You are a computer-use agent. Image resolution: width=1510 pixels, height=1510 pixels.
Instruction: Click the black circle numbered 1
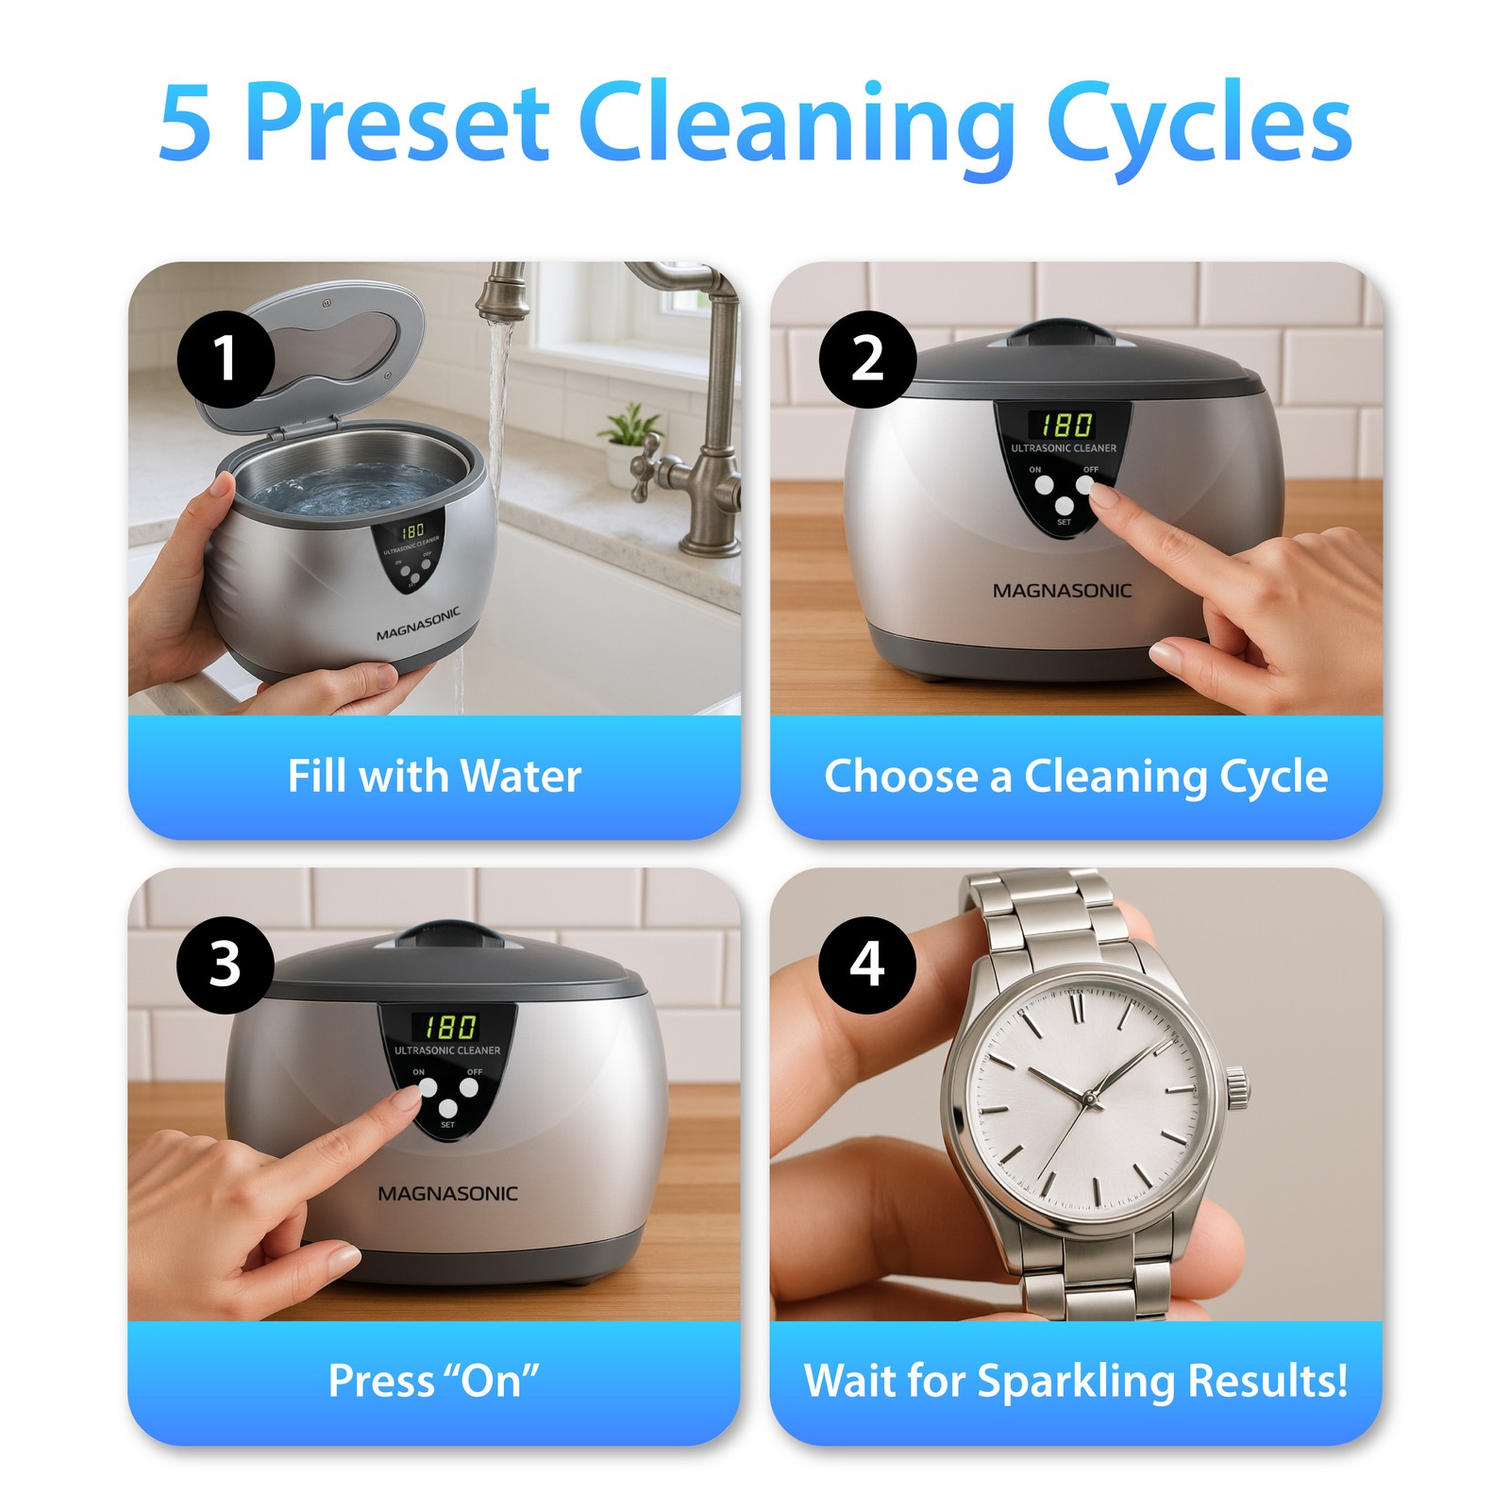226,360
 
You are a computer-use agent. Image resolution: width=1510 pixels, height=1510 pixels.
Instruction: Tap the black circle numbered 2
867,360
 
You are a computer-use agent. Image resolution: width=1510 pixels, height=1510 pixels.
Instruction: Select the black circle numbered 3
226,965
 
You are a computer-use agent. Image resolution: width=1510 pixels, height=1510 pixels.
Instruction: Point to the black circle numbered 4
867,965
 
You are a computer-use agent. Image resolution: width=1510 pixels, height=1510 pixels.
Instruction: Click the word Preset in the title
397,124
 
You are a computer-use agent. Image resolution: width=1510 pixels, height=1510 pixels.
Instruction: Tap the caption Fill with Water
434,777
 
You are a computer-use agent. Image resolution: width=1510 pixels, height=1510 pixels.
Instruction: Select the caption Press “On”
433,1381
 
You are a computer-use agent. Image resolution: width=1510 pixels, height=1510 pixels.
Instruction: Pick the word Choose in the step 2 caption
901,777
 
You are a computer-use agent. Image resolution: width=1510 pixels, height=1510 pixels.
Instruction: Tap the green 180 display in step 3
449,1027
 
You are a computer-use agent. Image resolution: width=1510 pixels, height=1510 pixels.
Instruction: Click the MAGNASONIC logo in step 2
1062,591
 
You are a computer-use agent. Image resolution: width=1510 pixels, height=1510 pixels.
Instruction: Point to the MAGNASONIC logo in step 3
447,1194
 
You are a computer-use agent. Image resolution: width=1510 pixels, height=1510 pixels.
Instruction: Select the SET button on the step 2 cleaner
1065,507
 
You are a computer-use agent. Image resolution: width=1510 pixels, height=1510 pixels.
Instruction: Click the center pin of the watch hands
1088,1099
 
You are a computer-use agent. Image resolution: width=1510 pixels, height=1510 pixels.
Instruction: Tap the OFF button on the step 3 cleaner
470,1088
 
